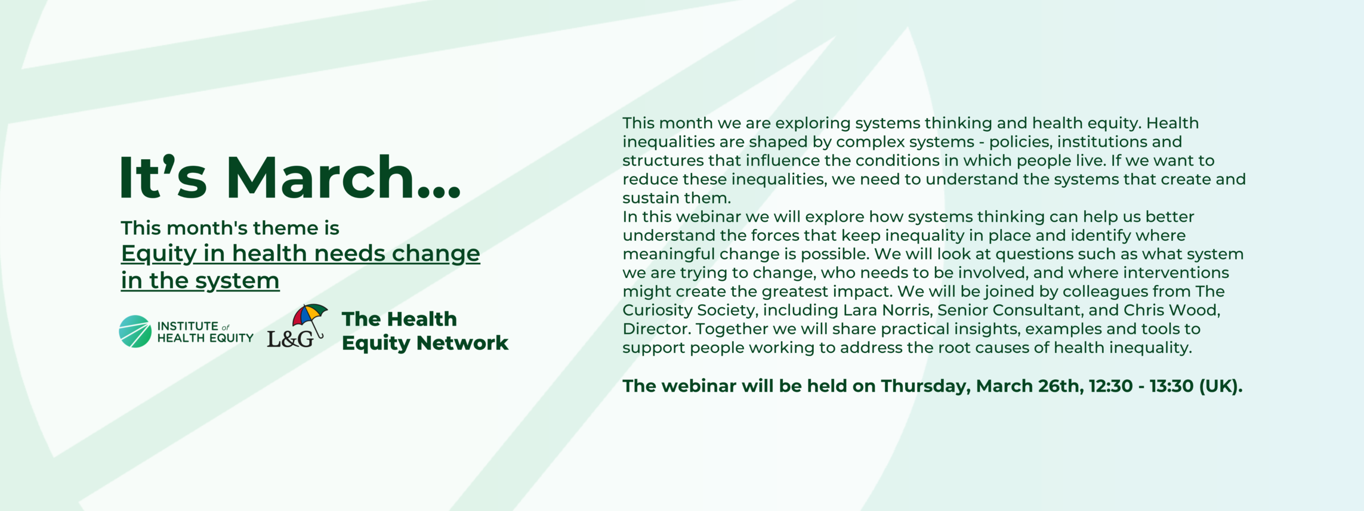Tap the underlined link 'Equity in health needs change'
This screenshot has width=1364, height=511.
pyautogui.click(x=300, y=253)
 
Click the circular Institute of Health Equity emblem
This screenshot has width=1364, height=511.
pyautogui.click(x=135, y=332)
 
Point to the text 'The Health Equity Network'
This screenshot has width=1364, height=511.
pyautogui.click(x=425, y=331)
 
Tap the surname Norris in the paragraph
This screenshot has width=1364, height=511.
pyautogui.click(x=905, y=310)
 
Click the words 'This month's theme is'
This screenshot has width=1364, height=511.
pyautogui.click(x=230, y=228)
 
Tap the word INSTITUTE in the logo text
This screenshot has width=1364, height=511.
pyautogui.click(x=188, y=326)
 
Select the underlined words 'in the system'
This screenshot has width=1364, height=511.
pyautogui.click(x=200, y=280)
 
